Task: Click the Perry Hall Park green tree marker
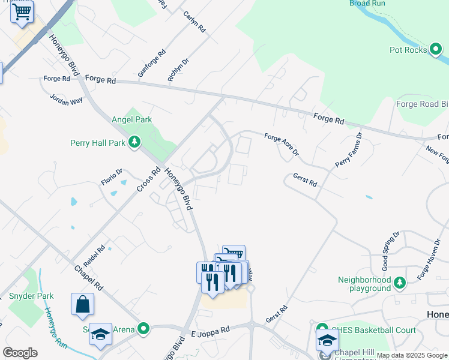tap(136, 142)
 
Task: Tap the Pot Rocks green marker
tap(436, 50)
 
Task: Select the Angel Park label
tap(131, 119)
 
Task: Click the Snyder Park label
tap(31, 296)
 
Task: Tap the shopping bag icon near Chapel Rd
tap(82, 304)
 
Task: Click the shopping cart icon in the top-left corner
tap(22, 11)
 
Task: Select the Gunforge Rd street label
tap(149, 63)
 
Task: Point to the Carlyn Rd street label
tap(194, 22)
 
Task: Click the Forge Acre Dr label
tap(282, 145)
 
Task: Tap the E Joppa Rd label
tap(210, 331)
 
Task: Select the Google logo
tap(20, 353)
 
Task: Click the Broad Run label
tap(367, 4)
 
